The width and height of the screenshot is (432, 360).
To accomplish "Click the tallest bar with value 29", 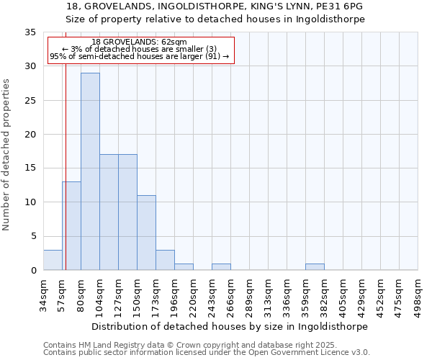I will coord(90,171).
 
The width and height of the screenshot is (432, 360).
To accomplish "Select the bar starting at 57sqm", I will coord(71,226).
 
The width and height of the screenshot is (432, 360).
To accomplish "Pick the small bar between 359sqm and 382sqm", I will coord(315,267).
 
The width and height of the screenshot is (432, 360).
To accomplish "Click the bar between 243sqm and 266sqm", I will coord(221,267).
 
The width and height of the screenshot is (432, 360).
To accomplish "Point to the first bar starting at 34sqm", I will coord(53,260).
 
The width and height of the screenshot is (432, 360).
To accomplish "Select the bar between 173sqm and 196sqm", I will coord(165,260).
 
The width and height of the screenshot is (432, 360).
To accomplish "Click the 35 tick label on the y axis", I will coord(30,32).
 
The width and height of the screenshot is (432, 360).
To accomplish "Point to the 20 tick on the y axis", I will coord(30,135).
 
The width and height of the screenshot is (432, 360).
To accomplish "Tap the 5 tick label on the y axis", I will coord(33,236).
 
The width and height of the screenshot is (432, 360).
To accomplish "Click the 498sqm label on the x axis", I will coord(418,296).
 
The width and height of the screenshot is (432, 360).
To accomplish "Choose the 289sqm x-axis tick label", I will coord(250,296).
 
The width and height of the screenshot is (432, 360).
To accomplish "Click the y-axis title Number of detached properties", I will coord(6,155).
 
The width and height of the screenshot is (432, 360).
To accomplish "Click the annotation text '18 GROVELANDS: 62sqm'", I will coord(140,42).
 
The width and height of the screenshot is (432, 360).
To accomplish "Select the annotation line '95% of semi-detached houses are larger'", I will coord(140,56).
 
